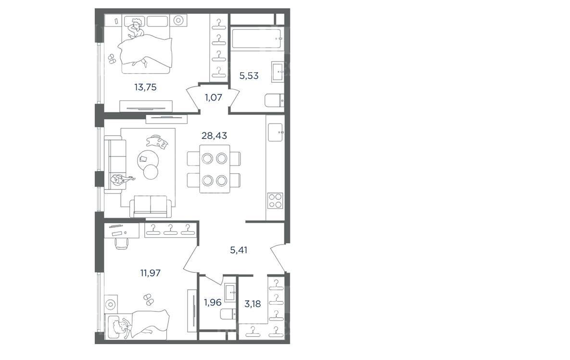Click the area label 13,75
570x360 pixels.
pyautogui.click(x=145, y=87)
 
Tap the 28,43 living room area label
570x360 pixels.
pyautogui.click(x=214, y=136)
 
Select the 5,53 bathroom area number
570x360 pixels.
pyautogui.click(x=249, y=76)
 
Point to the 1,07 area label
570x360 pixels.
pyautogui.click(x=214, y=97)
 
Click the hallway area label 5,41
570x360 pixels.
pyautogui.click(x=239, y=250)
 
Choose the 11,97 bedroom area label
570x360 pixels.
pyautogui.click(x=150, y=273)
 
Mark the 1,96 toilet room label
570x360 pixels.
pyautogui.click(x=212, y=302)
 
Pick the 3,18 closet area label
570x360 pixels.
pyautogui.click(x=252, y=304)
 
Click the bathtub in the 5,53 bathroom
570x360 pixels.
pyautogui.click(x=257, y=39)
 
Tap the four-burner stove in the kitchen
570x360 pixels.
pyautogui.click(x=275, y=201)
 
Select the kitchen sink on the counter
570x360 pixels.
pyautogui.click(x=275, y=132)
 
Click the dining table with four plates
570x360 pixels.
pyautogui.click(x=214, y=169)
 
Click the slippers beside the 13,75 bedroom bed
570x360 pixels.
pyautogui.click(x=111, y=59)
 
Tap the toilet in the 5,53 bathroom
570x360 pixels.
pyautogui.click(x=275, y=101)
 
